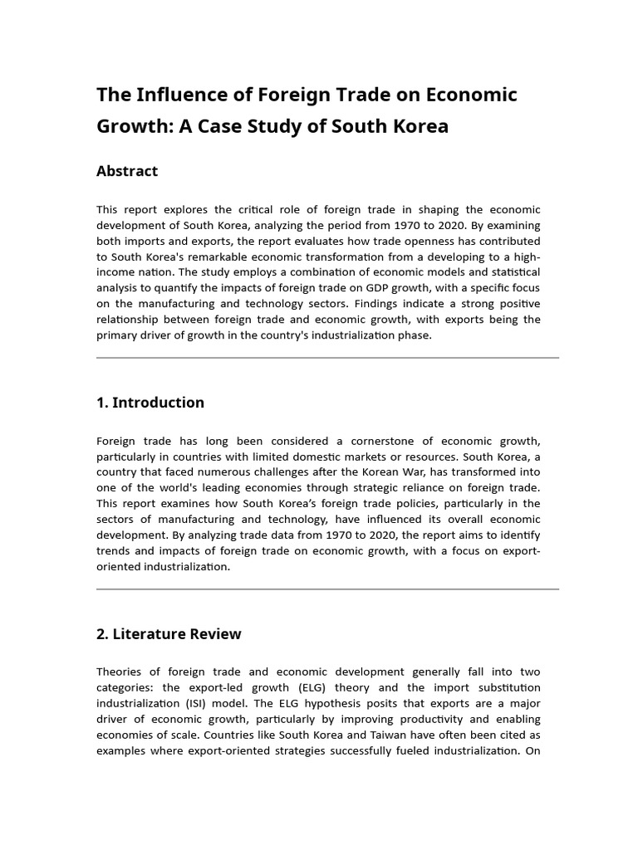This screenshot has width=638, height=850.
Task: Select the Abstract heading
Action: pos(127,171)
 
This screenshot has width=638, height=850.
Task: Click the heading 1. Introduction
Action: pos(150,403)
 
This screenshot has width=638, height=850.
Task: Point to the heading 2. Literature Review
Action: pos(169,634)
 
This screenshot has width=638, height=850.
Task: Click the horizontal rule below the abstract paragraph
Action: pos(327,358)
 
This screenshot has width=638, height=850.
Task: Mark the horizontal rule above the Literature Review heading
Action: pos(327,589)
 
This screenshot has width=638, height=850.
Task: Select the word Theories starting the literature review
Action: pos(119,672)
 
